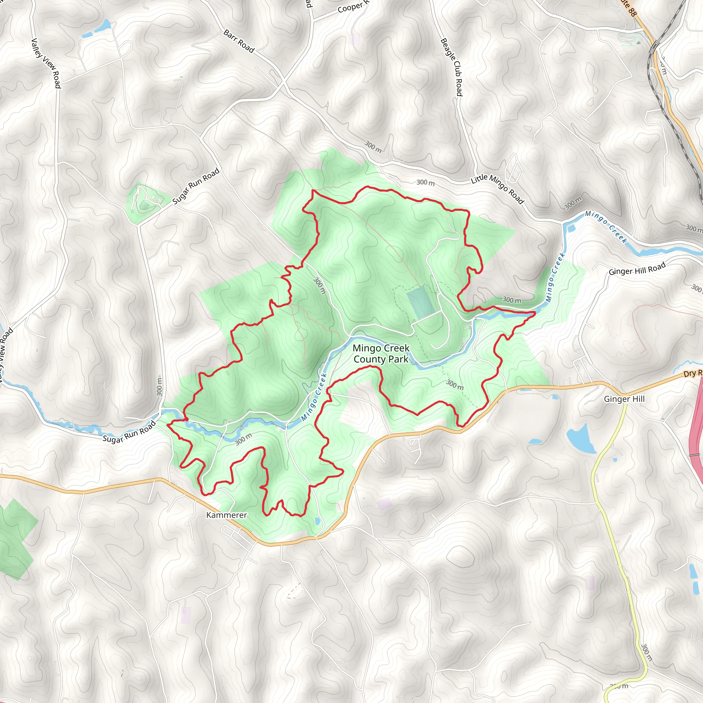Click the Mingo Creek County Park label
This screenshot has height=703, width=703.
coord(381,354)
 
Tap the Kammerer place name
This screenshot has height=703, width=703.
coord(226,515)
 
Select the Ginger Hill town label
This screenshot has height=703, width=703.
coord(624,399)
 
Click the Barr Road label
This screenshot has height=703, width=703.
coord(239,41)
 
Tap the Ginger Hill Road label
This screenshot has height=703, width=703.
coord(637,268)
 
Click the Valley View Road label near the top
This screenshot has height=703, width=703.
coord(46,63)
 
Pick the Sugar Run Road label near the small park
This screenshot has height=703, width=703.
coord(196,186)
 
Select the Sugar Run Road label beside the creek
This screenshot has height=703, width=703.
coord(129,432)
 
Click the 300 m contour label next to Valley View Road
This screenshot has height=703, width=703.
coord(159,387)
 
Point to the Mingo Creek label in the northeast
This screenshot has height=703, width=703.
coord(606,227)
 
